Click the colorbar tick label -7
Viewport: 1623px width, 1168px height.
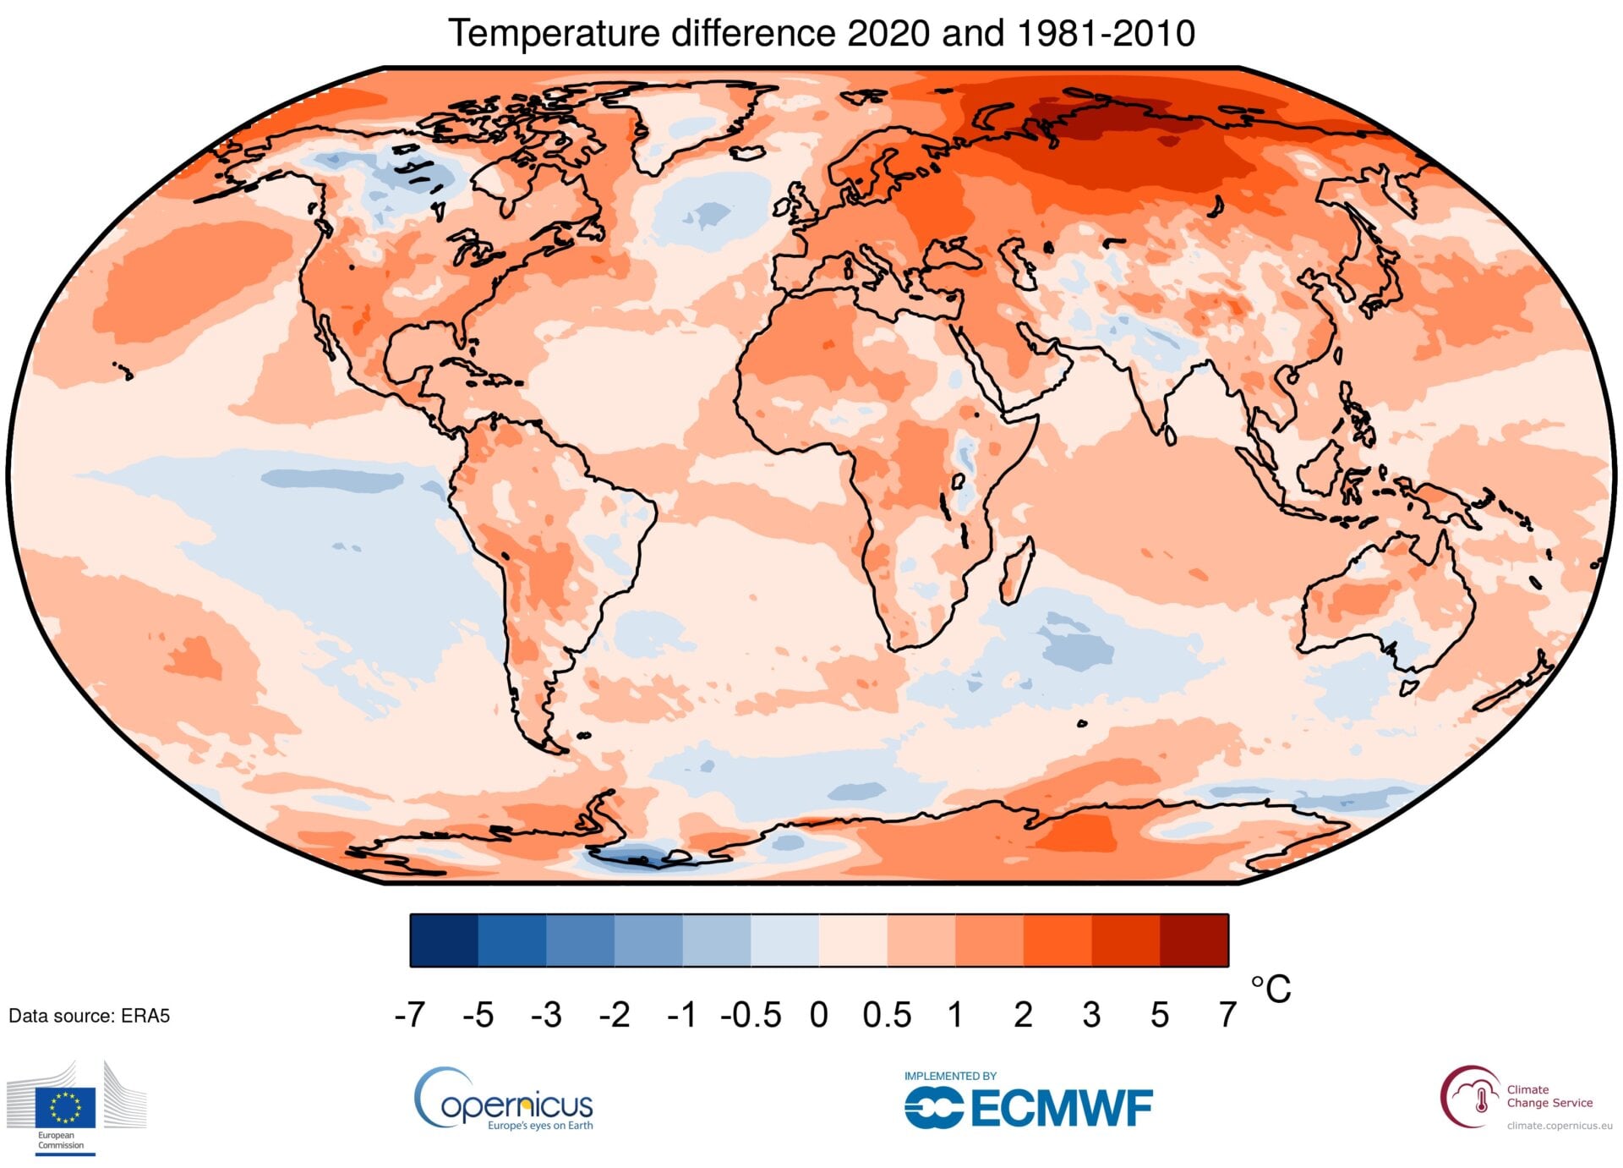[410, 1014]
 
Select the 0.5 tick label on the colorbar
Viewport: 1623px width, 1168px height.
[887, 1014]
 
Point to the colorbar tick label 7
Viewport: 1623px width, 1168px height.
[1227, 1014]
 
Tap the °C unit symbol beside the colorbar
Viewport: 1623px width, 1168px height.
[1271, 989]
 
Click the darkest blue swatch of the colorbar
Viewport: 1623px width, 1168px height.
[444, 940]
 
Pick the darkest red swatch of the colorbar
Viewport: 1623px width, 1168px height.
[1194, 940]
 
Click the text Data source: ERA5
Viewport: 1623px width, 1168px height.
[89, 1016]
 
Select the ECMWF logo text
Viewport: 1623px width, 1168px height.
[1061, 1109]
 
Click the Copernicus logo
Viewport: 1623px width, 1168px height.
[504, 1099]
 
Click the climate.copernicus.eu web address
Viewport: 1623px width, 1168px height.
[1559, 1126]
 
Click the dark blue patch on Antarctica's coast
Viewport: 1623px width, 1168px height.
[638, 858]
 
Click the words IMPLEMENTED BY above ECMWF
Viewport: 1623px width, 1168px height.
[950, 1076]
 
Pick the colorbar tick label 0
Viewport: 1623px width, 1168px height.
[818, 1014]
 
